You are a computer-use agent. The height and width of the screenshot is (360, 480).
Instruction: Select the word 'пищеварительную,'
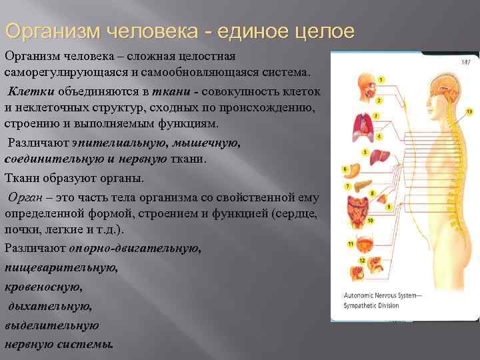click(x=61, y=267)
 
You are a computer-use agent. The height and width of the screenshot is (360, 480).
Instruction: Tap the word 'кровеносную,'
click(x=45, y=287)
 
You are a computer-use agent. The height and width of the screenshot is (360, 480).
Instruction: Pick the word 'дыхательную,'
click(x=49, y=307)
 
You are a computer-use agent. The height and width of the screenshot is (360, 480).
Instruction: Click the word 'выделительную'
click(x=52, y=326)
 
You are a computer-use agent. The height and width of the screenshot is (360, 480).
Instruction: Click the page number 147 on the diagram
click(x=465, y=62)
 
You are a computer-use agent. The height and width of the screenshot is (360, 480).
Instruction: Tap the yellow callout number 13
click(x=469, y=111)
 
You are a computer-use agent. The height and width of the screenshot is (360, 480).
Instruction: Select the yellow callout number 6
click(x=345, y=169)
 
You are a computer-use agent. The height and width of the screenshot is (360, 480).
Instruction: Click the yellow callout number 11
click(x=351, y=244)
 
